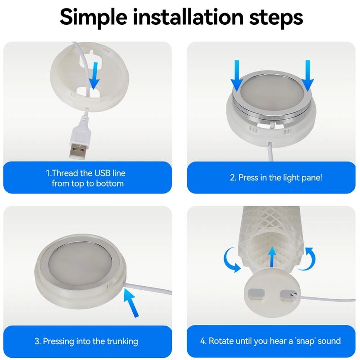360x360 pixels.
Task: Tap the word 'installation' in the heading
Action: pyautogui.click(x=188, y=17)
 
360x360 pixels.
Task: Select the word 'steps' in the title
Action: pyautogui.click(x=276, y=18)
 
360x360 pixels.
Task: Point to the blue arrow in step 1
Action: pyautogui.click(x=94, y=76)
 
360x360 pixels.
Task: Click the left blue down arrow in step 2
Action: pyautogui.click(x=237, y=75)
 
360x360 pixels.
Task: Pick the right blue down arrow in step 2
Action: pyautogui.click(x=308, y=75)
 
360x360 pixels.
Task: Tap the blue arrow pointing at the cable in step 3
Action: pyautogui.click(x=131, y=302)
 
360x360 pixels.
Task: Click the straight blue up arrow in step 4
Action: pyautogui.click(x=272, y=257)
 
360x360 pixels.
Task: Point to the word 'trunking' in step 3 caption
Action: pyautogui.click(x=122, y=342)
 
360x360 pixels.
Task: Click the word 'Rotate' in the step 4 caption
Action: pyautogui.click(x=221, y=341)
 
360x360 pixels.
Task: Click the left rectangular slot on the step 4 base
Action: pyautogui.click(x=256, y=295)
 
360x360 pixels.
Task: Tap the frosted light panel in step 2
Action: pyautogui.click(x=272, y=94)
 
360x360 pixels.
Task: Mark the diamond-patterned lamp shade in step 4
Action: pyautogui.click(x=271, y=237)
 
